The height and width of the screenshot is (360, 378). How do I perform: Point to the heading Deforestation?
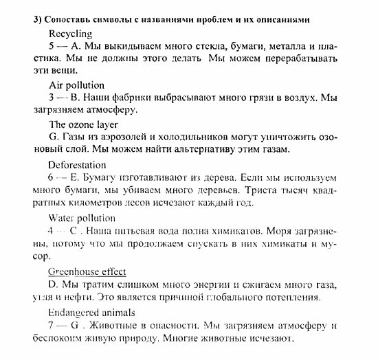tap(78, 165)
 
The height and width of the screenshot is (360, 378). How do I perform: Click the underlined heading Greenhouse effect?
tap(87, 271)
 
